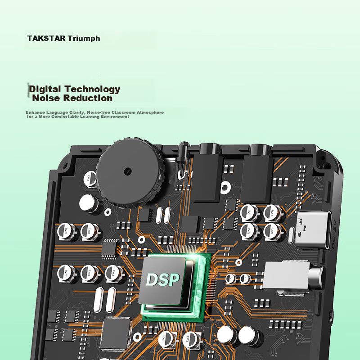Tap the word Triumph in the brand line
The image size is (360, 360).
[84, 38]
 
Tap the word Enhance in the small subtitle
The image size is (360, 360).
[34, 112]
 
